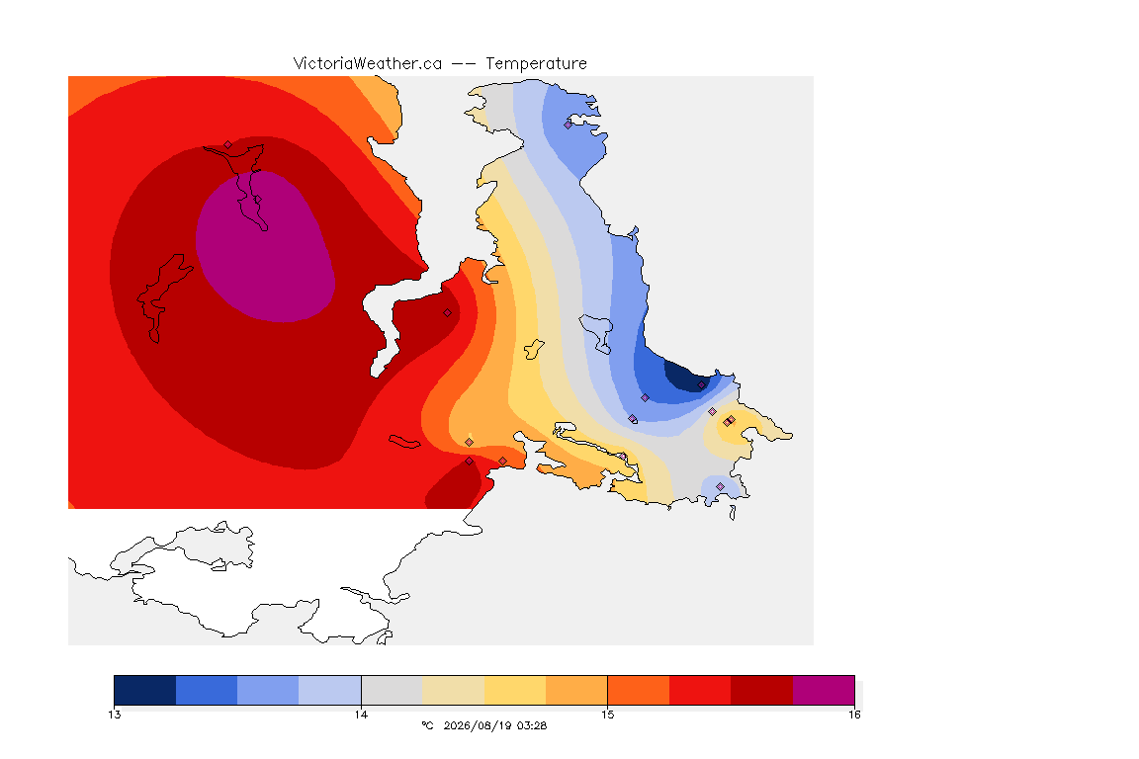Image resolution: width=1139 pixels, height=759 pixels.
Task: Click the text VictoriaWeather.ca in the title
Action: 368,63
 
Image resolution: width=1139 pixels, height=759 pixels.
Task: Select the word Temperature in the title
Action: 536,63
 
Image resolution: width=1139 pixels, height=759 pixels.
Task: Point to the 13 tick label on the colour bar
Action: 114,715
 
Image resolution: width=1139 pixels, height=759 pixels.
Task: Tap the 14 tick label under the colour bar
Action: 361,715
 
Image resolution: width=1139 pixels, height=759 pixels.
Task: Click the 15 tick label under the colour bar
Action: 607,715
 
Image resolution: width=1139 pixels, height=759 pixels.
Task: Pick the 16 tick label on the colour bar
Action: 854,715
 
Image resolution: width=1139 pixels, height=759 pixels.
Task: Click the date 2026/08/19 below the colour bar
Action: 477,725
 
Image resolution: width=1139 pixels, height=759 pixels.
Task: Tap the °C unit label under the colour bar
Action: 427,725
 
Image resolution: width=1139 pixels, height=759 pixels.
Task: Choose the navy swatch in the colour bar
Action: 145,690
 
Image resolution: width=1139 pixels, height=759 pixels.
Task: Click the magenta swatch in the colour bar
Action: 823,690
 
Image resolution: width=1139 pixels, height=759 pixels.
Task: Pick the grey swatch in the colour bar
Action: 392,690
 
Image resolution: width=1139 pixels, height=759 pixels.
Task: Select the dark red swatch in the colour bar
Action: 761,690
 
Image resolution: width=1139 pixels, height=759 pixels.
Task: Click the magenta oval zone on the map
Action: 265,247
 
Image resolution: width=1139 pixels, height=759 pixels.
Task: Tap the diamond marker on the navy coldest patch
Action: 701,385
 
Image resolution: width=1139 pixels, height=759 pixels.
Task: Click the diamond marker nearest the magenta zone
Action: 227,144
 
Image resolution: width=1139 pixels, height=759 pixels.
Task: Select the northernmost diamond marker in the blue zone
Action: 569,125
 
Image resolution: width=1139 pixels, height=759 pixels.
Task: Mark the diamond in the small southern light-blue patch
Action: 720,486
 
